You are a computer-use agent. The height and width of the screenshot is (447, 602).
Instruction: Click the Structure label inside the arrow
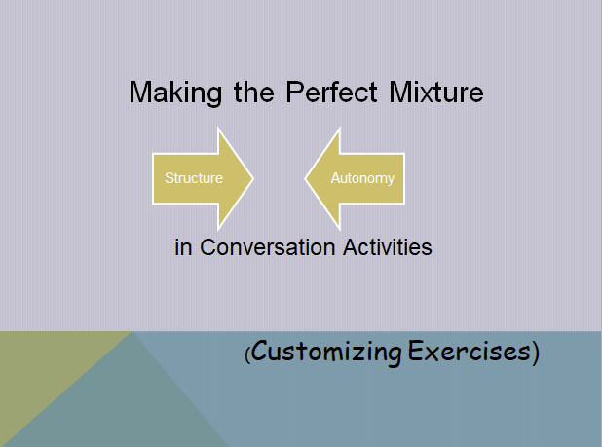tap(194, 178)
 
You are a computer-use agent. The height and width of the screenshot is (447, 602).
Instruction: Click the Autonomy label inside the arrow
tap(362, 178)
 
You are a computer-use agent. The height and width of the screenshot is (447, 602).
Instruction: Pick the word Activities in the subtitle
tap(387, 247)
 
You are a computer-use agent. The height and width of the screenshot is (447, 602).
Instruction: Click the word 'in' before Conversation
tap(183, 247)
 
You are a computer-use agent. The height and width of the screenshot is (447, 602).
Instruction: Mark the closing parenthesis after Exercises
tap(535, 353)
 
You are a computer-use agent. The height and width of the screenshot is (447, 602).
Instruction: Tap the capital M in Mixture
tap(406, 93)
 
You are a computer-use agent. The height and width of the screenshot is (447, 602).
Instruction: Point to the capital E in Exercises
tap(416, 352)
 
